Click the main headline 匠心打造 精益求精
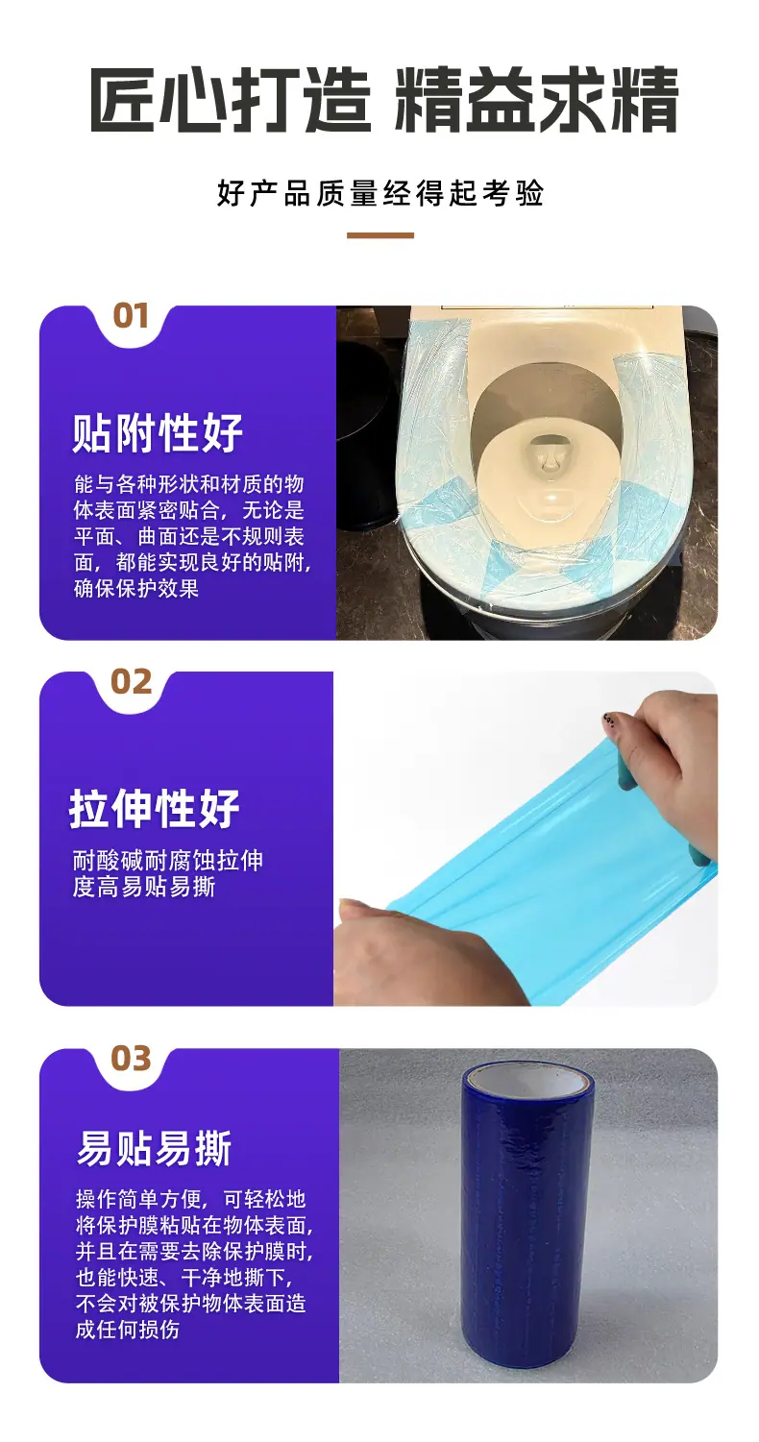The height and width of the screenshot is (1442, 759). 383,101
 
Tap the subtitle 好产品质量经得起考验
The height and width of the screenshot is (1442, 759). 380,193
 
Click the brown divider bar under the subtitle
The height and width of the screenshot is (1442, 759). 380,235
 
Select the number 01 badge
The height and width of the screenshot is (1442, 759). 131,316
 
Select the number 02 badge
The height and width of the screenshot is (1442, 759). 132,682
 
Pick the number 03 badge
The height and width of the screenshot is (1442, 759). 132,1058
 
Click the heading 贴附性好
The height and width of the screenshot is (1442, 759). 158,432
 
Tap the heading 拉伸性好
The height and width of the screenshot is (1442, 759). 155,808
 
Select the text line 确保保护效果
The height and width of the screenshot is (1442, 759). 136,588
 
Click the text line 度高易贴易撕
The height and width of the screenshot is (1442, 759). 143,887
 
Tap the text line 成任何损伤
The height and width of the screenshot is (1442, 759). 128,1330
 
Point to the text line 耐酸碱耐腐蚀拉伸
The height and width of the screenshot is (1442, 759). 168,860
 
